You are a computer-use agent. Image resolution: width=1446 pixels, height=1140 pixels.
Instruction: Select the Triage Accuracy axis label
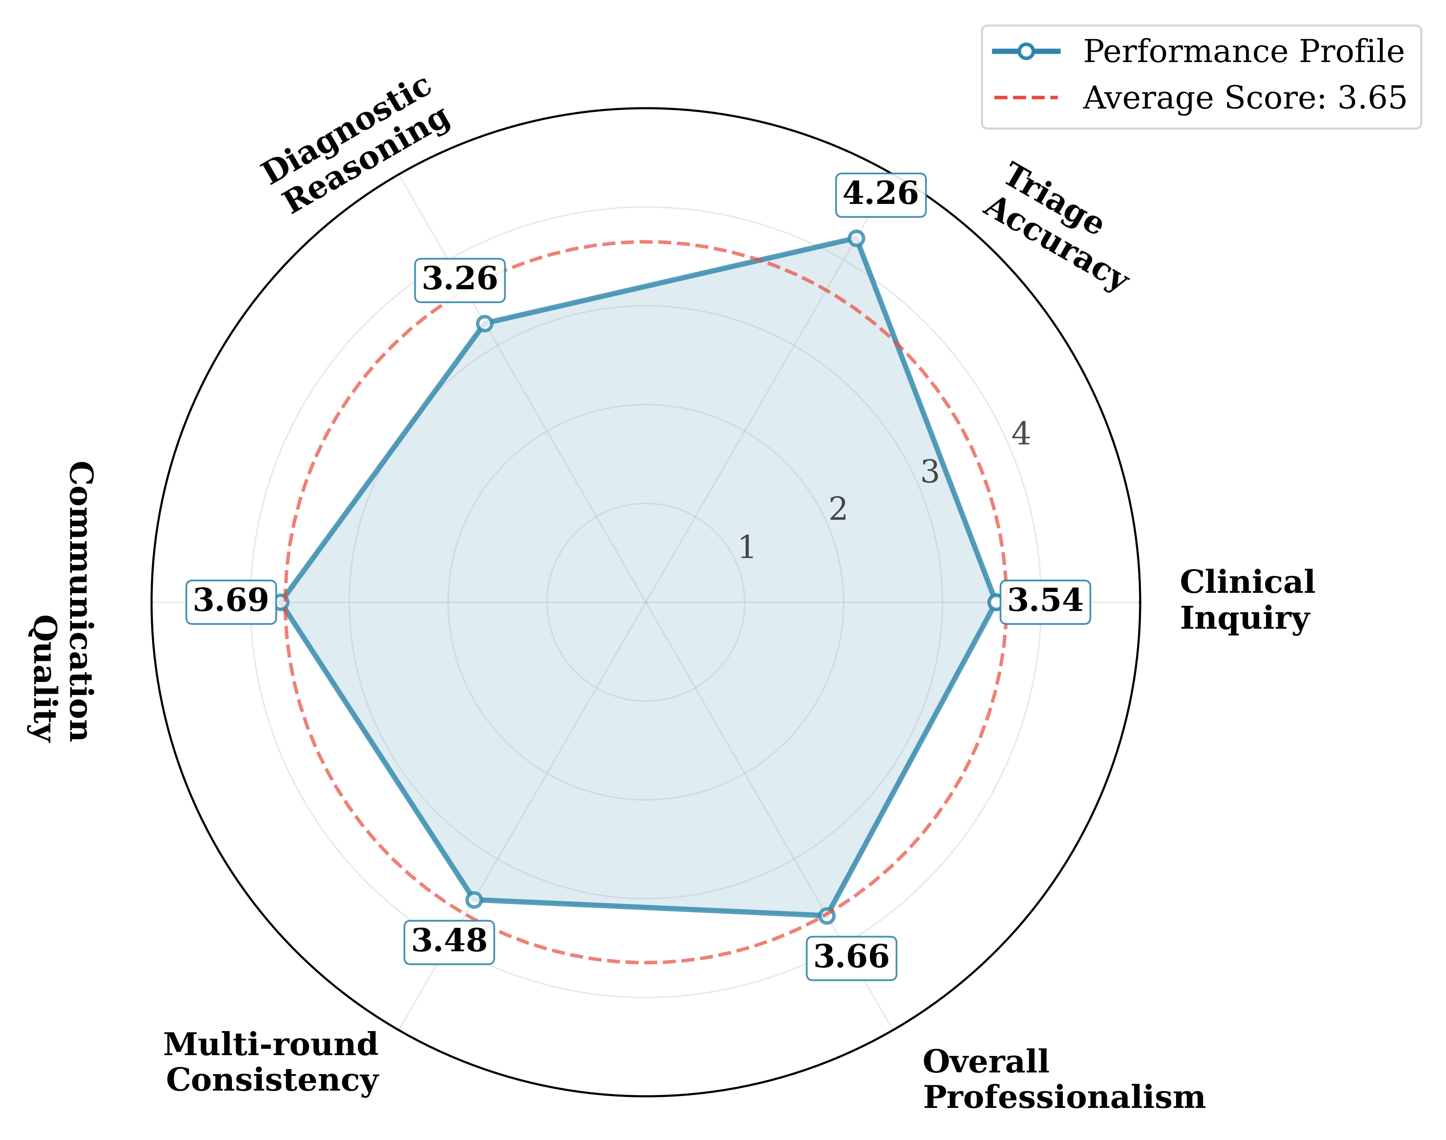1055,227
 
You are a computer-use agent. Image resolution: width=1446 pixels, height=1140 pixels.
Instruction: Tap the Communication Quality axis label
60,601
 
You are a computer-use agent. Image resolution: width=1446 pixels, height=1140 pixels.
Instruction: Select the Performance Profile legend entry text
1243,52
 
